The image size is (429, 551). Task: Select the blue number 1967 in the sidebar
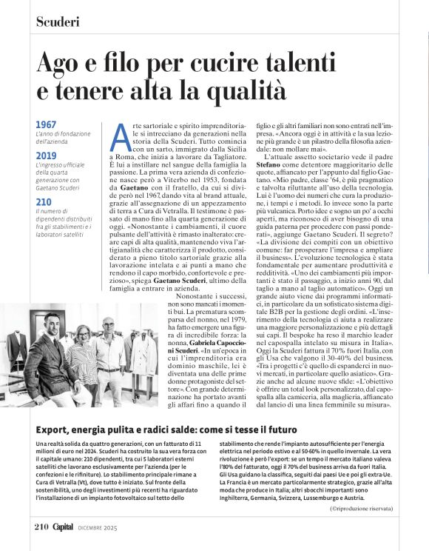click(46, 124)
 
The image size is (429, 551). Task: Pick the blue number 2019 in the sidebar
click(46, 156)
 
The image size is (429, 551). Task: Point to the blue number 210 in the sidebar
click(43, 201)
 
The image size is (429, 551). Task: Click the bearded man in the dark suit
click(53, 355)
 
